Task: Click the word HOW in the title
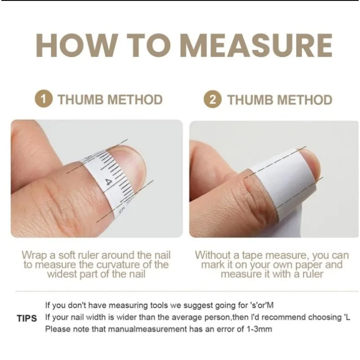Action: point(76,45)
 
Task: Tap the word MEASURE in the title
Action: point(257,45)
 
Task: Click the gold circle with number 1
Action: point(44,99)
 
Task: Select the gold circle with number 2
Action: point(212,99)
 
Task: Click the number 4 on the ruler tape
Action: point(109,183)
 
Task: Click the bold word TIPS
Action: point(27,319)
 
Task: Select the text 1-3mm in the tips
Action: point(259,329)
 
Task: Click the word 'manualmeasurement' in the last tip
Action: point(147,329)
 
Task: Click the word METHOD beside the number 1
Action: point(135,99)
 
